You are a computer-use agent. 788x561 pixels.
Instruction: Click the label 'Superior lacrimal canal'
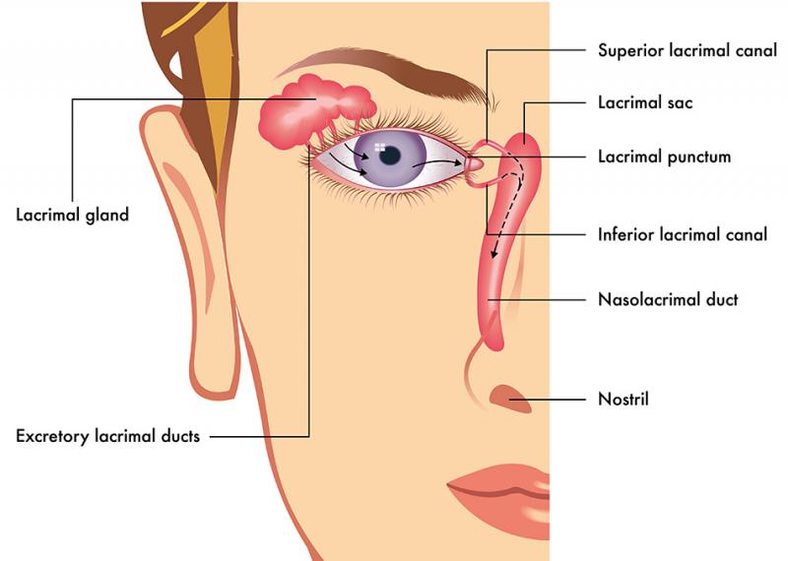pyautogui.click(x=688, y=51)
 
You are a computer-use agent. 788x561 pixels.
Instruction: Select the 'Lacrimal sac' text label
pyautogui.click(x=645, y=103)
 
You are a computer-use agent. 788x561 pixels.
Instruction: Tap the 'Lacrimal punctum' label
pyautogui.click(x=664, y=156)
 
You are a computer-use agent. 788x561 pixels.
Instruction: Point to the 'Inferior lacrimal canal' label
pyautogui.click(x=683, y=234)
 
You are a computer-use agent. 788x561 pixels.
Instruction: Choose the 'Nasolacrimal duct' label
pyautogui.click(x=668, y=300)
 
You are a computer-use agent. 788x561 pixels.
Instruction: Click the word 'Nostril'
pyautogui.click(x=624, y=400)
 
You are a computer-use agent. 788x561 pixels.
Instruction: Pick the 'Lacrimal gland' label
pyautogui.click(x=72, y=216)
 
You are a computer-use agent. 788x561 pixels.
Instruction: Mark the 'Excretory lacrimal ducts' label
pyautogui.click(x=108, y=436)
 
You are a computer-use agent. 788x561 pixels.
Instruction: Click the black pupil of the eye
pyautogui.click(x=389, y=156)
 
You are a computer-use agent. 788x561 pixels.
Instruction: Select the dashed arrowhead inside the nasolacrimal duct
pyautogui.click(x=494, y=253)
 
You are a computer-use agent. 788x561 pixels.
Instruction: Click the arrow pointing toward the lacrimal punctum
pyautogui.click(x=437, y=162)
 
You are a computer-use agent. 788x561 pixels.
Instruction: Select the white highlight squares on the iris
pyautogui.click(x=380, y=148)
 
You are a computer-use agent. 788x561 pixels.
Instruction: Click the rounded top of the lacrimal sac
pyautogui.click(x=524, y=139)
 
